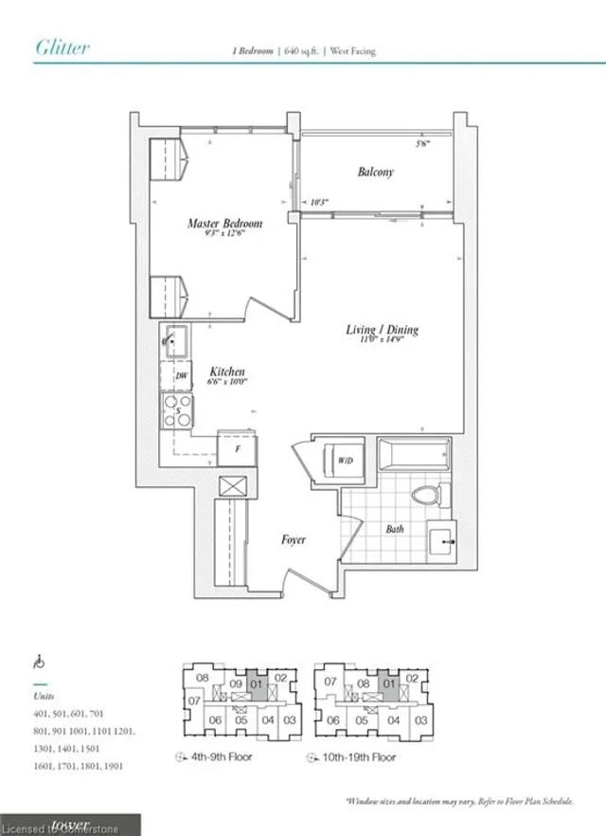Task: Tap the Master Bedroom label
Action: coord(224,224)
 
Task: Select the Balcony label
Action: coord(375,173)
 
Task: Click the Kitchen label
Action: coord(228,373)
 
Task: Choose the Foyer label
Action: coord(294,539)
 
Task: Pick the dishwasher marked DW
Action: coord(180,377)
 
